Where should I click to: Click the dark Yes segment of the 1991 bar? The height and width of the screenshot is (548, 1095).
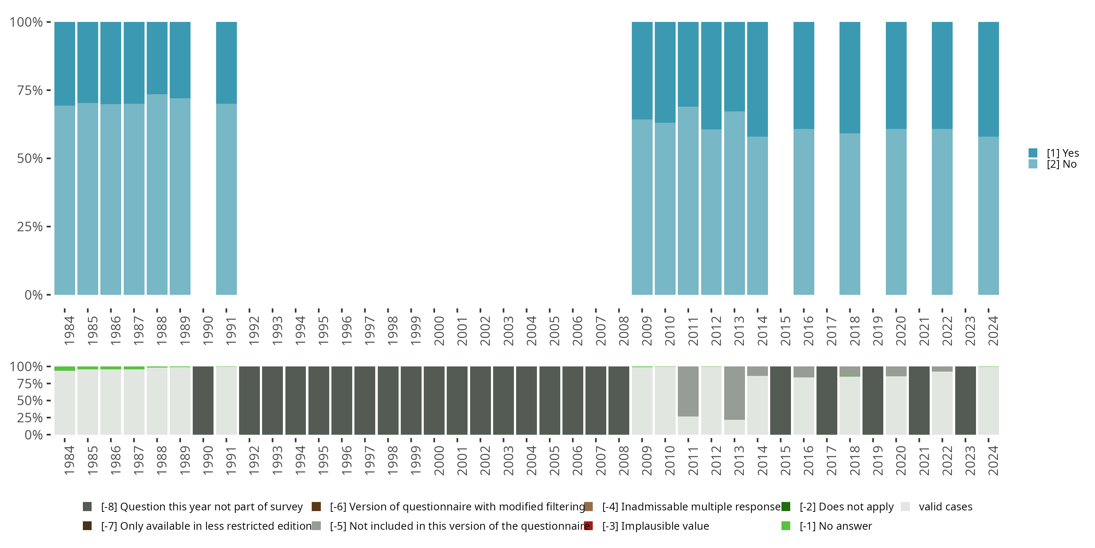[226, 62]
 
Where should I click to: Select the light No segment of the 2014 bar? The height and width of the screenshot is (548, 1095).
[757, 215]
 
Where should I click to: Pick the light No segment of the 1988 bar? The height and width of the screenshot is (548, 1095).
[157, 194]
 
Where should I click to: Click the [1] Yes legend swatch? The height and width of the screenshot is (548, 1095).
[1033, 153]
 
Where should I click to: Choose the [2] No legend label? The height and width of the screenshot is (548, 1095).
[1061, 164]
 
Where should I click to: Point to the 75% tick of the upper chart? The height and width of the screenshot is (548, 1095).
[49, 90]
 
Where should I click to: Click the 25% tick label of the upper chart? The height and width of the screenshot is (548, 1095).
[30, 227]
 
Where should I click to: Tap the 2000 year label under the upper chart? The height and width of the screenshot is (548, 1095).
[439, 331]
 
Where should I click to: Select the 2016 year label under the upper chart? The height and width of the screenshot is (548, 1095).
[808, 331]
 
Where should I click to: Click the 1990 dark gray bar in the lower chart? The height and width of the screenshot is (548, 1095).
[203, 400]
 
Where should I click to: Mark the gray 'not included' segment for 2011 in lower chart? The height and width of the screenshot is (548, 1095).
[688, 391]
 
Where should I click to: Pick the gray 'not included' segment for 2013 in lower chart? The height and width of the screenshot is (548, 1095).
[734, 393]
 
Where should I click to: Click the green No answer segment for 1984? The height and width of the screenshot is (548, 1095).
[65, 369]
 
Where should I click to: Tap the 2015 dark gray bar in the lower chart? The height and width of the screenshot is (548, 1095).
[780, 400]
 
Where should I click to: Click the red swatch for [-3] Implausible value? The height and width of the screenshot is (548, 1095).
[589, 526]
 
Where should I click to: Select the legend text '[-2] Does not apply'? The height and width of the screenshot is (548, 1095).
[846, 507]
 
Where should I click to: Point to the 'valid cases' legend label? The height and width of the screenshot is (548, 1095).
[945, 507]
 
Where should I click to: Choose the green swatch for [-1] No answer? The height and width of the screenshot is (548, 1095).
[785, 526]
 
